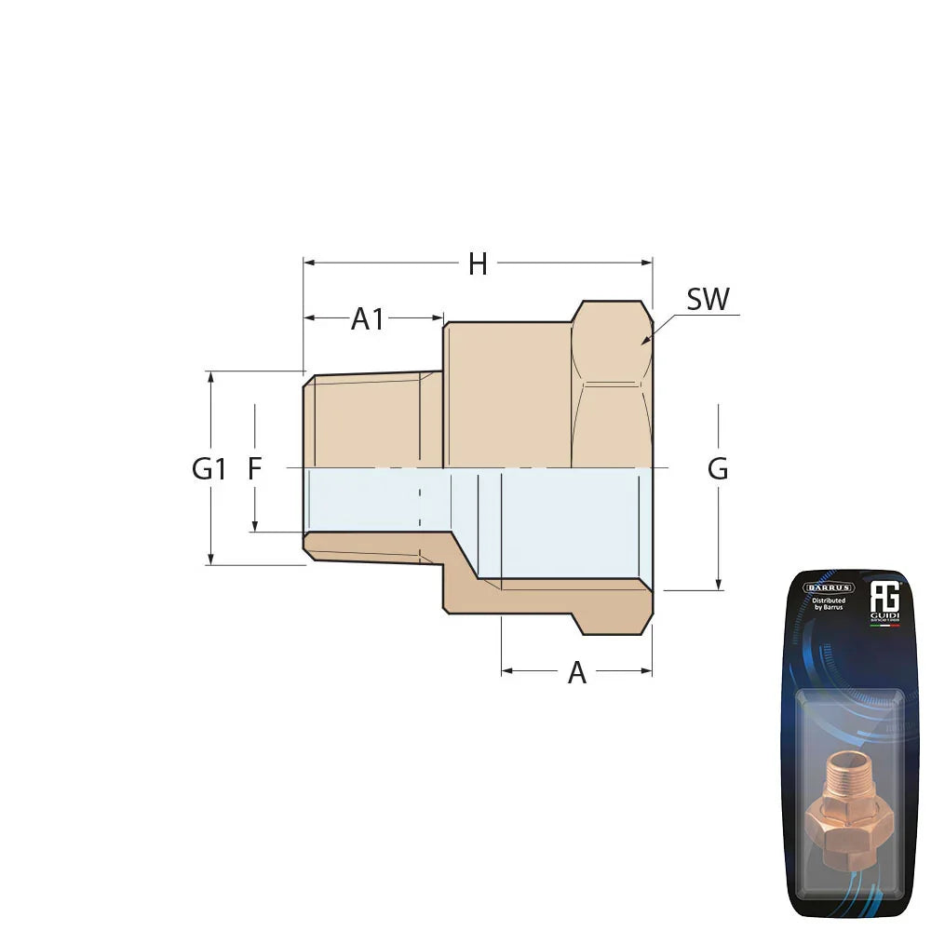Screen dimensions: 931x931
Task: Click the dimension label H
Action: (x=478, y=264)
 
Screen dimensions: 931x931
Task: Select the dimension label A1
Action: (x=368, y=319)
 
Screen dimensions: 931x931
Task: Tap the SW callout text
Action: (x=708, y=300)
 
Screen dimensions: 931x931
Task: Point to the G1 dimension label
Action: (x=209, y=469)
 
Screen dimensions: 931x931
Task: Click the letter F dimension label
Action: (x=254, y=469)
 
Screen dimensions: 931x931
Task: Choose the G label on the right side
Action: (x=718, y=469)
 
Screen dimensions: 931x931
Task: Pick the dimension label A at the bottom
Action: (x=577, y=673)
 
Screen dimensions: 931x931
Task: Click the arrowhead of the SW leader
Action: (x=645, y=342)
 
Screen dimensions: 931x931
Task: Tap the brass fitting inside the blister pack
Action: (x=845, y=801)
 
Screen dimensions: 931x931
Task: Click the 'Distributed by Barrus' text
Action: (x=828, y=606)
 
